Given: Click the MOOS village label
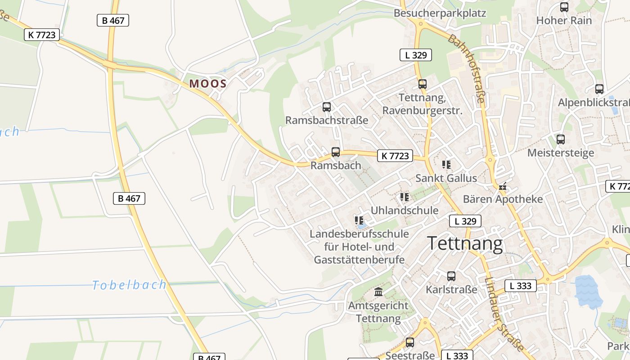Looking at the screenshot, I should [208, 83].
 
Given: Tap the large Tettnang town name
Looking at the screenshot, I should [465, 244].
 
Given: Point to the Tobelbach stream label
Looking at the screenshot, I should [129, 285].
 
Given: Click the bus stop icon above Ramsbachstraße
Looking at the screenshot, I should [327, 107].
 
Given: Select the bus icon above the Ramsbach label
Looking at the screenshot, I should [336, 152].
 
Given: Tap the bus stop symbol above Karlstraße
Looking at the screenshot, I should [451, 276].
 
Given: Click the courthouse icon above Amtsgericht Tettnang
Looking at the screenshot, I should [378, 292].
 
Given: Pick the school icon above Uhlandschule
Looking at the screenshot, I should [405, 197].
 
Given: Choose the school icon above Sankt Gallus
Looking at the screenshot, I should [446, 164].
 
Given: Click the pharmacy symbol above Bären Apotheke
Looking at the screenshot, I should [503, 186].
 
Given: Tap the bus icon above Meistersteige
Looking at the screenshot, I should [561, 139].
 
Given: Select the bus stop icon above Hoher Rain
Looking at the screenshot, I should [564, 7].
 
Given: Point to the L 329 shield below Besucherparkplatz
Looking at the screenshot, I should [415, 55].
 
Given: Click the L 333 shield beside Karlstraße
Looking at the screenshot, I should [521, 285].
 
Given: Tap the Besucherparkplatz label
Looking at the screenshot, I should [440, 13].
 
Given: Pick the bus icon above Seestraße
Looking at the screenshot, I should [410, 342].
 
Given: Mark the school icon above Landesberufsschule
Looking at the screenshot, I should [359, 220].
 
